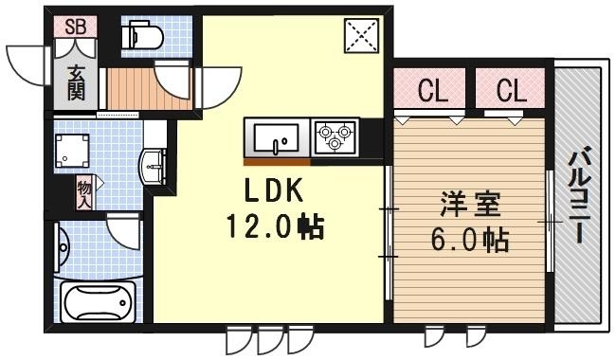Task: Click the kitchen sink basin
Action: pyautogui.click(x=277, y=138)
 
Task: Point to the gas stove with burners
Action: pyautogui.click(x=335, y=137)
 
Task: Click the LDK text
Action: pyautogui.click(x=273, y=192)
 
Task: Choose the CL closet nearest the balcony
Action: pyautogui.click(x=511, y=92)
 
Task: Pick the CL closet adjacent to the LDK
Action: pyautogui.click(x=433, y=92)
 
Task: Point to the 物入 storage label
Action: pyautogui.click(x=84, y=194)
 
